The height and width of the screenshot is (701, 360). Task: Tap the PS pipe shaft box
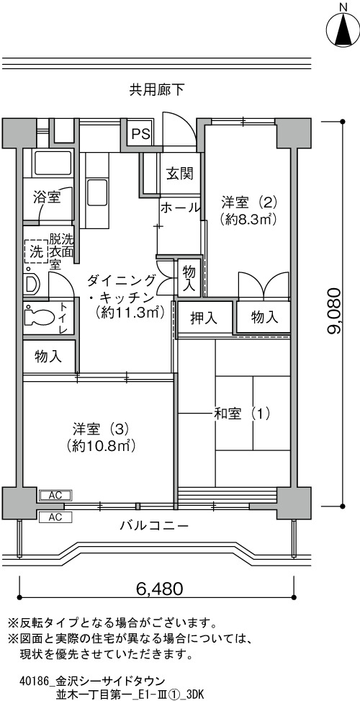pos(140,133)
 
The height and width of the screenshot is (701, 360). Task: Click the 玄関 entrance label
pos(180,174)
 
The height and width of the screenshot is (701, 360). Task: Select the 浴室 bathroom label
pos(48,197)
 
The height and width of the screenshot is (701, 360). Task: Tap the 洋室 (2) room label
pos(249,203)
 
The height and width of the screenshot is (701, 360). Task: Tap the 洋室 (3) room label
pos(102,429)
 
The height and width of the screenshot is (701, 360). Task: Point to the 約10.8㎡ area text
pos(101,445)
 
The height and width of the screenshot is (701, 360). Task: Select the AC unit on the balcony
pos(55,517)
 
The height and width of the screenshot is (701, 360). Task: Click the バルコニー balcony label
pos(154,525)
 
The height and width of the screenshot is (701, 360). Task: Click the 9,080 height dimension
pos(334,311)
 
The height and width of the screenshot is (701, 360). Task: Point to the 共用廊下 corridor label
pos(156,91)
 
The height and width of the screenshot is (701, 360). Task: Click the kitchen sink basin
pos(96,191)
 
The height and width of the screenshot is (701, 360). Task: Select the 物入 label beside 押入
pos(264,318)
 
